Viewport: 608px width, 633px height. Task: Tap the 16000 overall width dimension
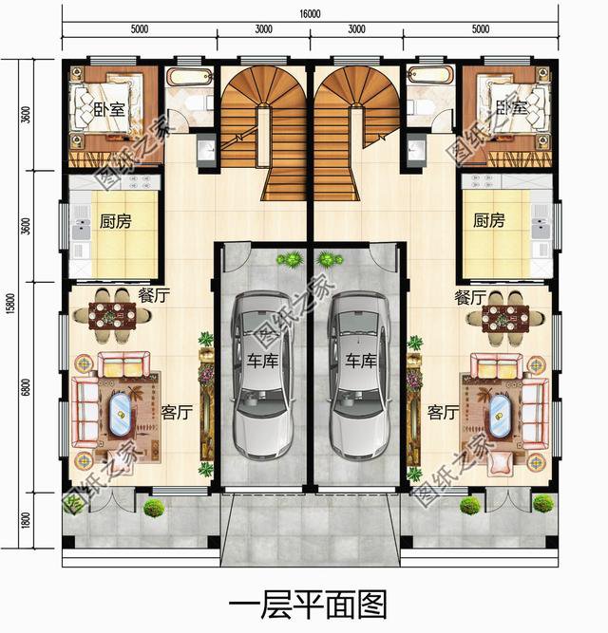(x=310, y=14)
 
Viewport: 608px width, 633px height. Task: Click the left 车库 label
(x=264, y=361)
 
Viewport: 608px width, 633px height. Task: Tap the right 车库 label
(x=361, y=361)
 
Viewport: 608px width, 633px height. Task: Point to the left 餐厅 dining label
(x=154, y=296)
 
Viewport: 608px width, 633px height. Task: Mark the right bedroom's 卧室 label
(x=510, y=109)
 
